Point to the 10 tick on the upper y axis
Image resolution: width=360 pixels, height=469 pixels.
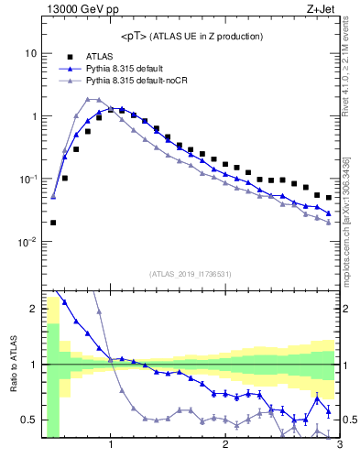30,53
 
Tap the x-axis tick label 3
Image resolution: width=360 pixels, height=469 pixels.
339,445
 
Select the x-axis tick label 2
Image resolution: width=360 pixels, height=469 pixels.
225,445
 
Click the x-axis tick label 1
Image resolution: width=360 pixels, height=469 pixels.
111,445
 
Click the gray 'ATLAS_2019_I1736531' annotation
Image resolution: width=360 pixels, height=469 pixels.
191,274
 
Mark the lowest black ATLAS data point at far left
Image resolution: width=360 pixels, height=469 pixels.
53,223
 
